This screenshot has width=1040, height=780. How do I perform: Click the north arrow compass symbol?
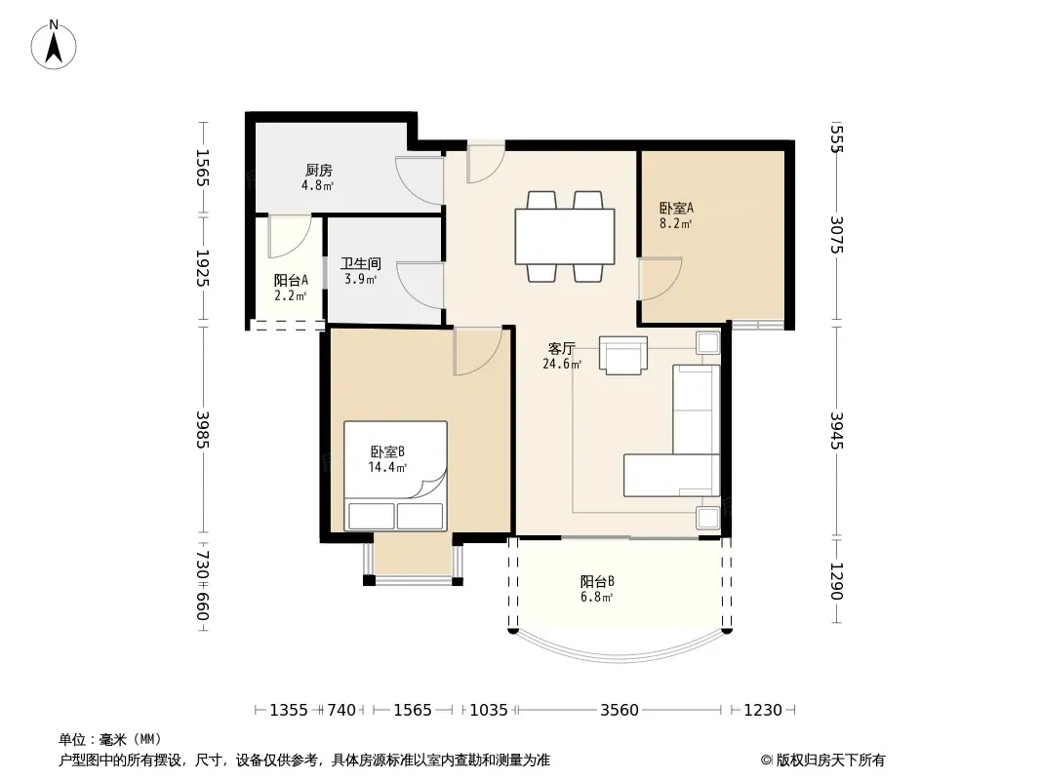(54, 45)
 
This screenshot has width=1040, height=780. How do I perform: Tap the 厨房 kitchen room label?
(318, 171)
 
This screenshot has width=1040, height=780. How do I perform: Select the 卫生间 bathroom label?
(361, 264)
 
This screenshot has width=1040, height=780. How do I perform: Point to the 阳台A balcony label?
(291, 281)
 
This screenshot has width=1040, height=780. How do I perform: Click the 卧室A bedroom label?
(676, 208)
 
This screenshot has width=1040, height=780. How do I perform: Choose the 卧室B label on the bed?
(387, 452)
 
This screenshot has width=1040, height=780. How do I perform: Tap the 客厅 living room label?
(562, 349)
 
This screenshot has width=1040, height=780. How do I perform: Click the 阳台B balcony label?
(597, 581)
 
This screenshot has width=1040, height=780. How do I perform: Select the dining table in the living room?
(565, 237)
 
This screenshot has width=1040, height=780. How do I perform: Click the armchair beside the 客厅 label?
(622, 355)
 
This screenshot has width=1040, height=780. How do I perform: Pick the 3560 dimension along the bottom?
(619, 711)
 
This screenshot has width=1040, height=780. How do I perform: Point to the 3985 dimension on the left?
(203, 429)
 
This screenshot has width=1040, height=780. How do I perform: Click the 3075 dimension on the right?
(836, 235)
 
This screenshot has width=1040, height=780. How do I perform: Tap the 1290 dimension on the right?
(836, 581)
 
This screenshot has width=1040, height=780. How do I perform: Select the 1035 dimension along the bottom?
(489, 711)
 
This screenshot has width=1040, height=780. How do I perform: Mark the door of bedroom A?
(660, 279)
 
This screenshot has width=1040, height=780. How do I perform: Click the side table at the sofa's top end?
(707, 343)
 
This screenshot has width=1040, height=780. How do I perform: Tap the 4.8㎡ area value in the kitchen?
(318, 185)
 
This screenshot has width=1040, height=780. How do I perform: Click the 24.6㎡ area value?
(562, 364)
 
